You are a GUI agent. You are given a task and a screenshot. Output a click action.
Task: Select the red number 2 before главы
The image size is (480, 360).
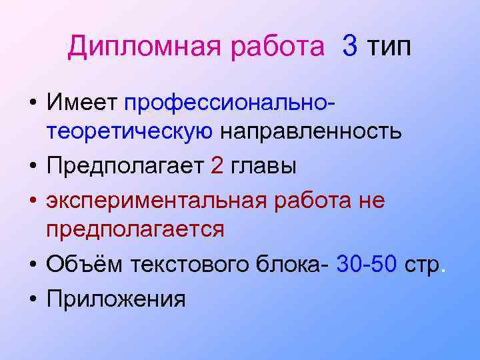[x=217, y=165]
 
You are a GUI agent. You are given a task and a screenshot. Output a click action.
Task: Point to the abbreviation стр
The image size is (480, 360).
[x=421, y=265]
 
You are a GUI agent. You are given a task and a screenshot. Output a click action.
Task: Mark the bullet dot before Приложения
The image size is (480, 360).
[x=32, y=298]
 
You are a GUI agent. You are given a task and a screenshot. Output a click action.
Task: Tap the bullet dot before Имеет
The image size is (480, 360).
[x=32, y=103]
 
